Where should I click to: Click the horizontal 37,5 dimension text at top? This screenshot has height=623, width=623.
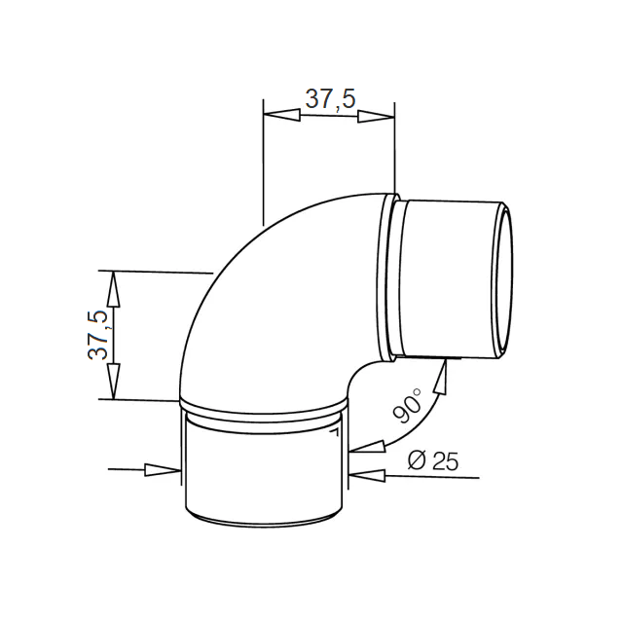point(330,99)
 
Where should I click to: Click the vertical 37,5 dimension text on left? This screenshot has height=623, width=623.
point(97,335)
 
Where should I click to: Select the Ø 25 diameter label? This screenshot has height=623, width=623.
point(433,460)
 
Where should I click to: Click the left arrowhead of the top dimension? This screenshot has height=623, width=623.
point(281,115)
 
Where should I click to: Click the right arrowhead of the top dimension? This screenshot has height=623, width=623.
point(377,117)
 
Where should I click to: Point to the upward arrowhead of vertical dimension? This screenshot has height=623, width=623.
point(114,289)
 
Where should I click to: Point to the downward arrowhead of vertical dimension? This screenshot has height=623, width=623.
point(114,382)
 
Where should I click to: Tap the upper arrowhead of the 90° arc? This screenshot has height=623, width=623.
point(441,376)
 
